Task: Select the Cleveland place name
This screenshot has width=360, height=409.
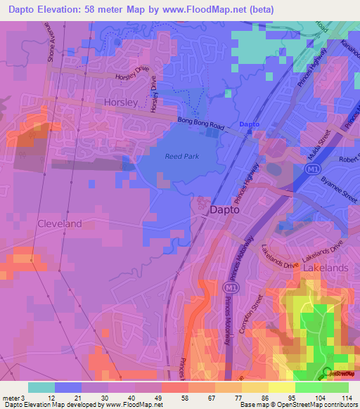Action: [59, 223]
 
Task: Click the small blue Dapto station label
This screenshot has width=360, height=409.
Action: [250, 124]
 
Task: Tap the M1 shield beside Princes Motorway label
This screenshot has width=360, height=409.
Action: [228, 288]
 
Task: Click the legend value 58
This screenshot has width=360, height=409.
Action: [184, 397]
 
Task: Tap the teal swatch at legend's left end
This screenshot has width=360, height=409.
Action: [41, 387]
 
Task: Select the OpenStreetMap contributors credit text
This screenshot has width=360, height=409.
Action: [311, 405]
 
